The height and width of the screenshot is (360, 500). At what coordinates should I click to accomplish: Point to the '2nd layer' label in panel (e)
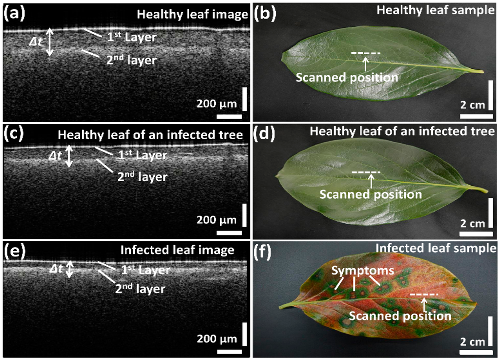click(140, 289)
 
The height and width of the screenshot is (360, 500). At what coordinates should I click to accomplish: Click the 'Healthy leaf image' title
click(192, 15)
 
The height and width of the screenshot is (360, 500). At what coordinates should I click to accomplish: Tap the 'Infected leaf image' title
click(177, 250)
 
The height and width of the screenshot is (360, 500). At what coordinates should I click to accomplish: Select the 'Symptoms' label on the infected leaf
click(355, 270)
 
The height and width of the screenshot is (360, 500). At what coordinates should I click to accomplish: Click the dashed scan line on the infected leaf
click(424, 295)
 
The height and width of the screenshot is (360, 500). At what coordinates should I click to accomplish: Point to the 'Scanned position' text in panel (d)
click(371, 194)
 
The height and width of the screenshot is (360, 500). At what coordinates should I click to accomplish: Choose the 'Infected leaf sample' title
click(436, 249)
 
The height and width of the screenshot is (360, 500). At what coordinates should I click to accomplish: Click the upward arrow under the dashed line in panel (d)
click(371, 180)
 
